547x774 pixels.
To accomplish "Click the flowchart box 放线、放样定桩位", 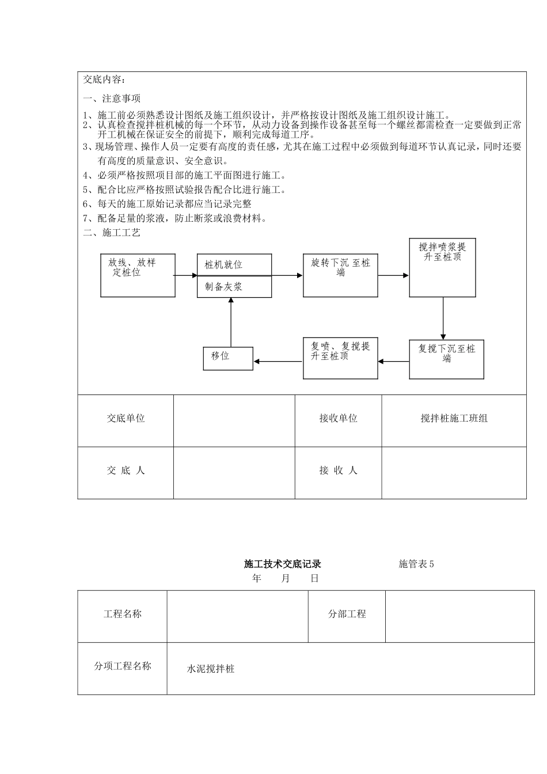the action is [138, 275].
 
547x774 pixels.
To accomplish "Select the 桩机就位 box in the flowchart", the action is [234, 265].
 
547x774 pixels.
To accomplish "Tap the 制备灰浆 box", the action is [234, 287].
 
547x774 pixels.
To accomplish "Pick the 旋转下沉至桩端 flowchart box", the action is [340, 275].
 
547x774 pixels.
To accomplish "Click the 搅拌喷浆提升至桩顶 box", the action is [442, 267].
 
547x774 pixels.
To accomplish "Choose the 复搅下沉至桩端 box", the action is [446, 360].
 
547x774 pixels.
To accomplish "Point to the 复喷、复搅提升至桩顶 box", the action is [340, 358].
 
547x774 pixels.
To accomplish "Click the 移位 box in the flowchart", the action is [228, 358].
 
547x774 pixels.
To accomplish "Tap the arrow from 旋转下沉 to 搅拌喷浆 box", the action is [394, 275].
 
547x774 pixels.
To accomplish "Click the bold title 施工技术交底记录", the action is [282, 564].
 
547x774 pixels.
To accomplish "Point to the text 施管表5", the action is [416, 564].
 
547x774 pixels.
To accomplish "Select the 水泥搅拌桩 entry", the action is [211, 669].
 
